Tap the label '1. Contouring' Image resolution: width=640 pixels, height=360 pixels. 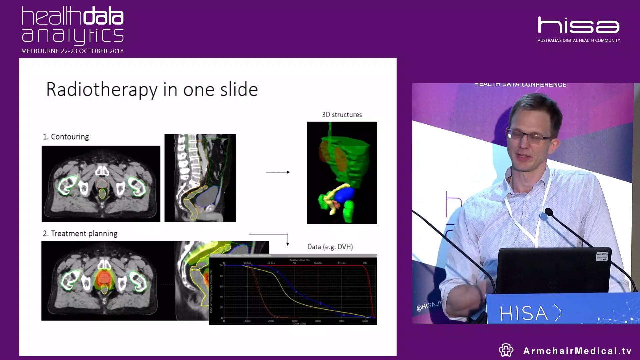click(66, 137)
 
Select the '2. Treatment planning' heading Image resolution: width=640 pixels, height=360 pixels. click(80, 234)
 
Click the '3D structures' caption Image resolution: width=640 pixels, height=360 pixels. click(342, 115)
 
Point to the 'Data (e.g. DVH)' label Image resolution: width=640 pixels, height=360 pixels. click(330, 247)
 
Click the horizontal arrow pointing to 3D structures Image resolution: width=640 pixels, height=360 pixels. click(278, 172)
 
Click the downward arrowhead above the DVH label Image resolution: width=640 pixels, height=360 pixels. click(288, 244)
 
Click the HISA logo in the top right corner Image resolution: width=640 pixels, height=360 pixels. click(578, 26)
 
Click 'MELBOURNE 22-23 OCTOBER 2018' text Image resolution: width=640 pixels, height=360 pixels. click(72, 51)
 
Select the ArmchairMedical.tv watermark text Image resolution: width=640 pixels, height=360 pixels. click(577, 351)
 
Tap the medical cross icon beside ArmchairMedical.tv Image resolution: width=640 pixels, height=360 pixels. click(506, 350)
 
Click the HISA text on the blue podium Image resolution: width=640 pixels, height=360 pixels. click(523, 313)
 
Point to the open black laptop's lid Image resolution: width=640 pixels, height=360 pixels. click(553, 270)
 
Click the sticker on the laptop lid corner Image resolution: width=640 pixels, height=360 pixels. click(602, 256)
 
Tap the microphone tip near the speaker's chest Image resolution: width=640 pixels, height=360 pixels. click(548, 212)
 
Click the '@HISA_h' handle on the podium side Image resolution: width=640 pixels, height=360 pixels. click(429, 306)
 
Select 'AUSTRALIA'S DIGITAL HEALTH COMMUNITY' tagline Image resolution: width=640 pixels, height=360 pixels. click(578, 40)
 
